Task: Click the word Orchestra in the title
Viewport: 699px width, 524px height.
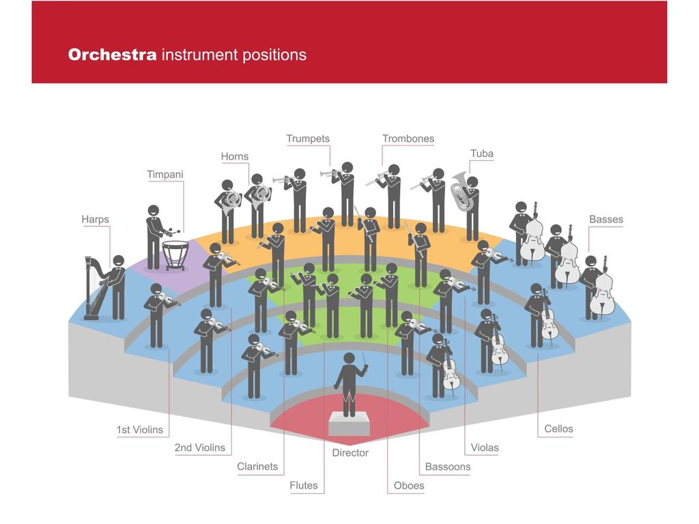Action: click(113, 55)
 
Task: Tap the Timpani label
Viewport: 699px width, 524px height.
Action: click(165, 175)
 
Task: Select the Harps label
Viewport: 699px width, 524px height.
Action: click(95, 220)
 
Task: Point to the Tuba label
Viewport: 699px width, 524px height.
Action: click(481, 154)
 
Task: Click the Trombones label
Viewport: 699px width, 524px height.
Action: click(408, 139)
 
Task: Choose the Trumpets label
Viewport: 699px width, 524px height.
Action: click(308, 139)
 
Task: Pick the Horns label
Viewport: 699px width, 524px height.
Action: click(235, 157)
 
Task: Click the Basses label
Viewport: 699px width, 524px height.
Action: click(606, 220)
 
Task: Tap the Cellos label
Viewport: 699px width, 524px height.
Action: click(558, 429)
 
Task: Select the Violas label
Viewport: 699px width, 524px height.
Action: click(485, 448)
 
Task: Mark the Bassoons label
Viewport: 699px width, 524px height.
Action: click(448, 467)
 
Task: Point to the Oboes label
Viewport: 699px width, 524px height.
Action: click(409, 486)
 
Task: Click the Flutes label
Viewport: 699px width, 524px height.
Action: click(304, 486)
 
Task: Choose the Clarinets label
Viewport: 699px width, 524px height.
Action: click(257, 467)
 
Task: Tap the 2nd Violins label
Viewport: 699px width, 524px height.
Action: click(199, 448)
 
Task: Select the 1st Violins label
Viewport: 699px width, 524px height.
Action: click(140, 430)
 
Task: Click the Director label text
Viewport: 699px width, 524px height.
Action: click(350, 453)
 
